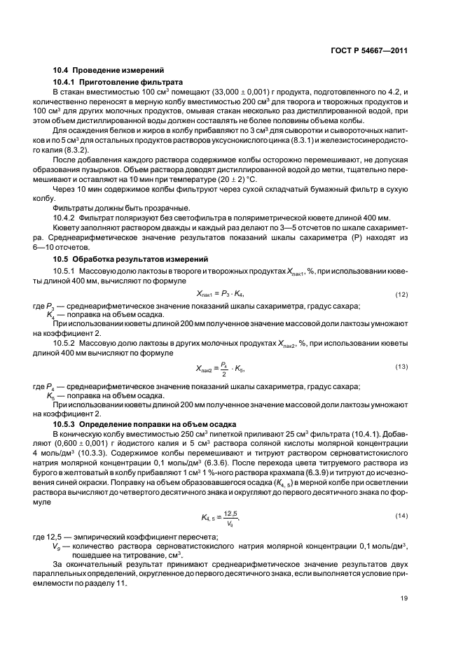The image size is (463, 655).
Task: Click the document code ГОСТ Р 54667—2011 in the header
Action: [368, 51]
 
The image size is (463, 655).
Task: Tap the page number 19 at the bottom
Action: [404, 597]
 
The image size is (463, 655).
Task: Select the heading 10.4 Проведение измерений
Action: [109, 70]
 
